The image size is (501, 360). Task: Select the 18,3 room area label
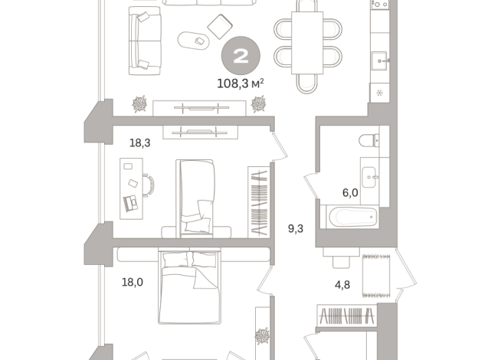coord(139,142)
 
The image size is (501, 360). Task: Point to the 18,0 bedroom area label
coord(133,282)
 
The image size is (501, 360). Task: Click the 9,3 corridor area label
coord(295,228)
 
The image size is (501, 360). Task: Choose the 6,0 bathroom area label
coord(350,193)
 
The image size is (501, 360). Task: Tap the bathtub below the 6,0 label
coord(351,218)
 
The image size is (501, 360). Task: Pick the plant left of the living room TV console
coord(140,103)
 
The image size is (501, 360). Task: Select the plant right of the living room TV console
coord(259,103)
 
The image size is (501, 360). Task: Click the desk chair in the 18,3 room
coord(147,184)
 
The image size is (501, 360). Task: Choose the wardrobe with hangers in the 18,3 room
coord(259,201)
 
